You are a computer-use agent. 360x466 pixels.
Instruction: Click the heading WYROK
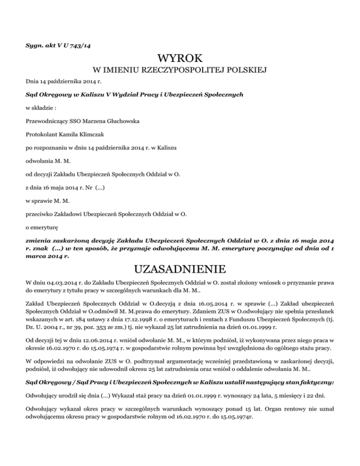pos(180,59)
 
